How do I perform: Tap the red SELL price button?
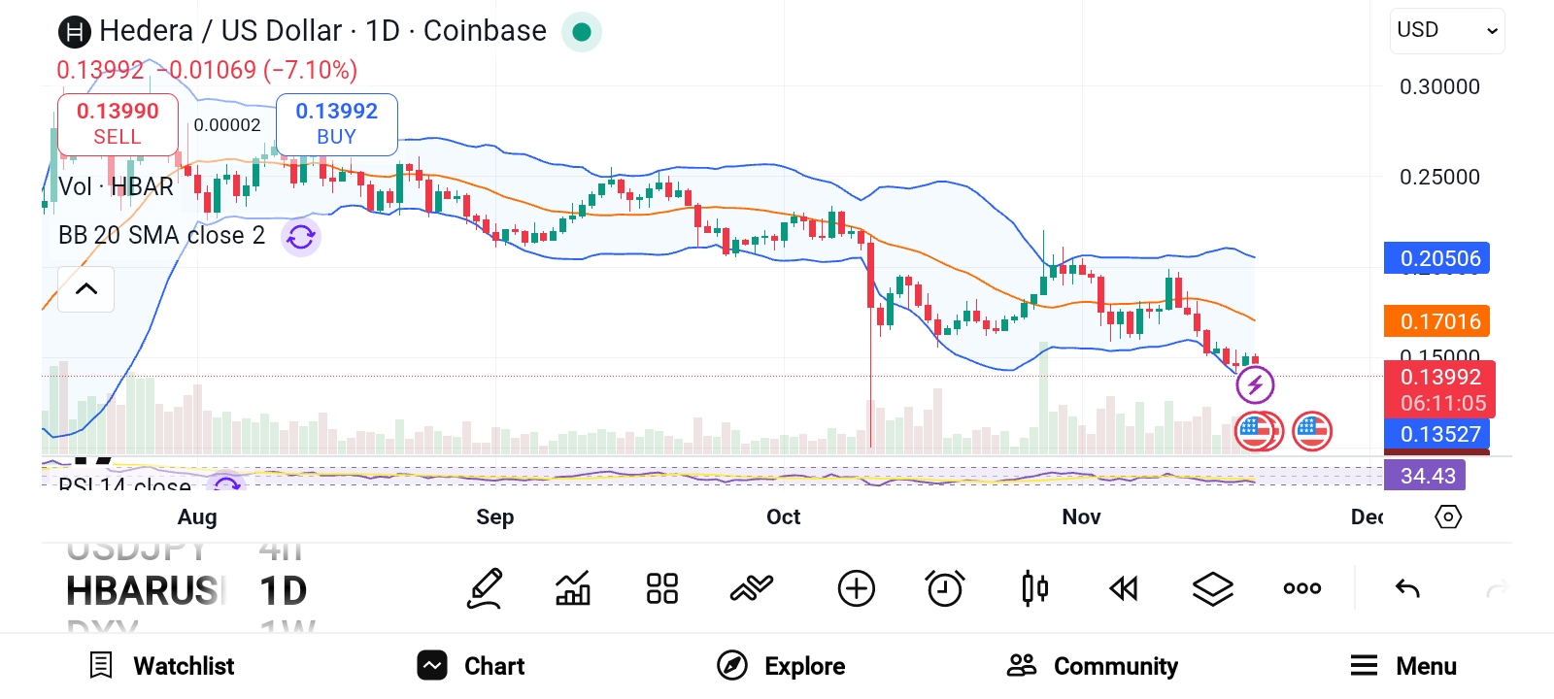point(118,124)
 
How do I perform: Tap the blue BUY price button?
point(336,124)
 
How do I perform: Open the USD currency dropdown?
point(1446,31)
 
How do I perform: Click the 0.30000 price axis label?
point(1439,87)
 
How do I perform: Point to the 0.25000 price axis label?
point(1439,178)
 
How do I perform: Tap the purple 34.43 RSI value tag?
point(1427,476)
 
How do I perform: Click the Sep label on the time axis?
point(494,516)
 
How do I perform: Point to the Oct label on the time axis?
point(783,516)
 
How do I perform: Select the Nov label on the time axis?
point(1081,516)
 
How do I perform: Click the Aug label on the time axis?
point(197,516)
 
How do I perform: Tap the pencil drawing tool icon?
point(485,588)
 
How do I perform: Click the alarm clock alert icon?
point(944,588)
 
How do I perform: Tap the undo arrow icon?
point(1407,588)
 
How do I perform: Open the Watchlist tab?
point(162,666)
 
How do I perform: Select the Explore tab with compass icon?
point(781,666)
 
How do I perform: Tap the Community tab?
point(1093,666)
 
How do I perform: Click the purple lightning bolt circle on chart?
point(1255,385)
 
